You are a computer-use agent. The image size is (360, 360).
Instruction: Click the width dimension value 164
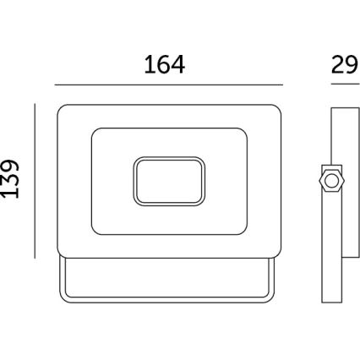[164, 64]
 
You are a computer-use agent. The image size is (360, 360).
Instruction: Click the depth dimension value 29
[344, 65]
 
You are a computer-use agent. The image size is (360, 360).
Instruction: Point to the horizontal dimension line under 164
[168, 85]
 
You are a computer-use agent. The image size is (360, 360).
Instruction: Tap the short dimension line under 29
[344, 85]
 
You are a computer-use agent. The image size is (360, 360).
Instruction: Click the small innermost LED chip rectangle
[169, 180]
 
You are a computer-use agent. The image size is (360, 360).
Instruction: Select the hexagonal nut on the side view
[332, 180]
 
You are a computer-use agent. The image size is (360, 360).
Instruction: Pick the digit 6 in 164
[164, 64]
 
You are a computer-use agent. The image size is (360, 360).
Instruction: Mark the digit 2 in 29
[337, 65]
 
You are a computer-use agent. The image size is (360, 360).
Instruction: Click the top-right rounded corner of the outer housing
[276, 110]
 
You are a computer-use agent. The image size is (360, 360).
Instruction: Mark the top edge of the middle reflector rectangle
[168, 128]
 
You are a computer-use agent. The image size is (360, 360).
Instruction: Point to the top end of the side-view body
[344, 107]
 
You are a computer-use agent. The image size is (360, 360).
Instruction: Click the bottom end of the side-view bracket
[332, 301]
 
